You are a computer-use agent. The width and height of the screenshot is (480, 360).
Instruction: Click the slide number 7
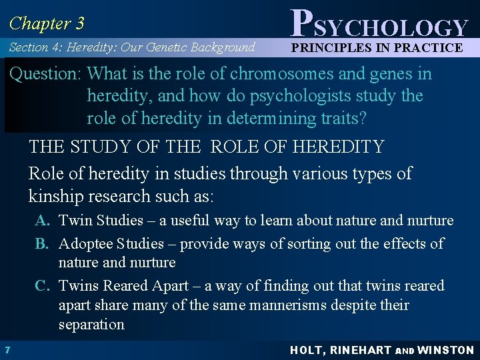(x=6, y=349)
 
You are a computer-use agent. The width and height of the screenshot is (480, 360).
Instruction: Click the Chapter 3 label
(x=46, y=23)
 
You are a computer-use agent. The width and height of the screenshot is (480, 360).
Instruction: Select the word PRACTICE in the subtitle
(x=428, y=47)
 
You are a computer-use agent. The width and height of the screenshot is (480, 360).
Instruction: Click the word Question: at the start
(x=45, y=74)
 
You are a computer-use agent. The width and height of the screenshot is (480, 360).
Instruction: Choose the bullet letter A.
(x=42, y=221)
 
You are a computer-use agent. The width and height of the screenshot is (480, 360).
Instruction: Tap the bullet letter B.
(x=42, y=243)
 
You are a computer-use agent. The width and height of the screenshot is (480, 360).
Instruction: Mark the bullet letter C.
(x=42, y=286)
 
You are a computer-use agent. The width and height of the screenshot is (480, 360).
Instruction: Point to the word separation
(x=91, y=325)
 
